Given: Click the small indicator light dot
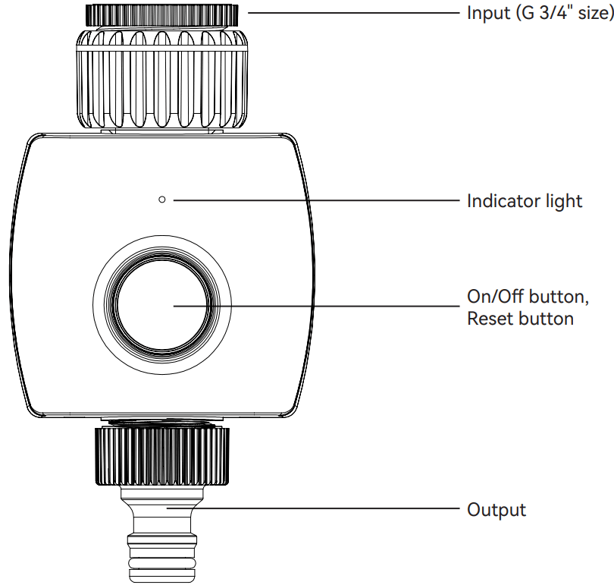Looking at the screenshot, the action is tap(162, 200).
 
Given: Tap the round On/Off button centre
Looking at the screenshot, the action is tap(161, 306).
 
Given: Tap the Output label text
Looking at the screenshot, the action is tap(497, 509).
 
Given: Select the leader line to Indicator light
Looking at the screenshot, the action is tap(318, 200).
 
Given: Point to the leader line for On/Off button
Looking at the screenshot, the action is tap(318, 306).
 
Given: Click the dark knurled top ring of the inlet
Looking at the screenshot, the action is tap(162, 14).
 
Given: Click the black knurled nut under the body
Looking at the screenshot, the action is tap(162, 455).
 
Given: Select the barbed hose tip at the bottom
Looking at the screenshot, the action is tap(162, 558).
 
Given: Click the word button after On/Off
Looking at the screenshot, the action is tap(561, 294).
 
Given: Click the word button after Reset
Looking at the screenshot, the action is tap(546, 318).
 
